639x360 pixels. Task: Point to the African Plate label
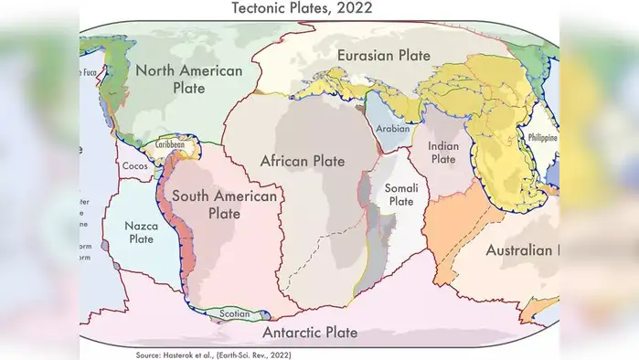(303, 162)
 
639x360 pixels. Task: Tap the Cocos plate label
(133, 167)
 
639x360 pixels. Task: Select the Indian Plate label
(442, 152)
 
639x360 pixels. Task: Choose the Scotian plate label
(235, 314)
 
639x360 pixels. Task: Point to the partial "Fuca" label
(89, 72)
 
